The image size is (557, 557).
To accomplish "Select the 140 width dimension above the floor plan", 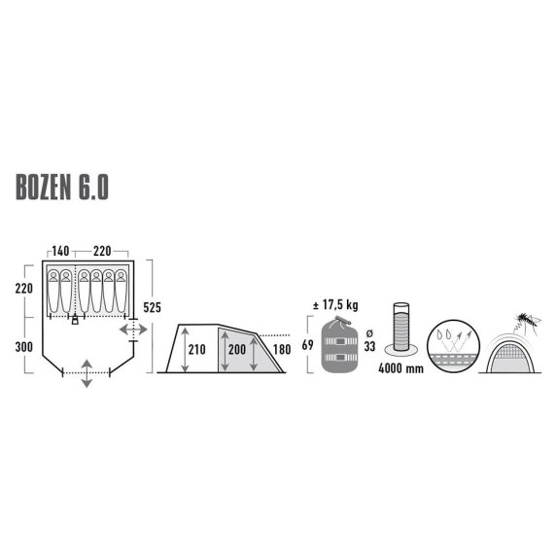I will pos(59,251).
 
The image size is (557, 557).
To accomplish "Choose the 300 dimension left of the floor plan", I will pos(26,346).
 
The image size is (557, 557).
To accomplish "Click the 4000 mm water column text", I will pos(401,370).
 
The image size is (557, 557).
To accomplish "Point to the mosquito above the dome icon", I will pos(528,318).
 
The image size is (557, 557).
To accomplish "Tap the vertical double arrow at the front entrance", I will pos(87,373).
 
